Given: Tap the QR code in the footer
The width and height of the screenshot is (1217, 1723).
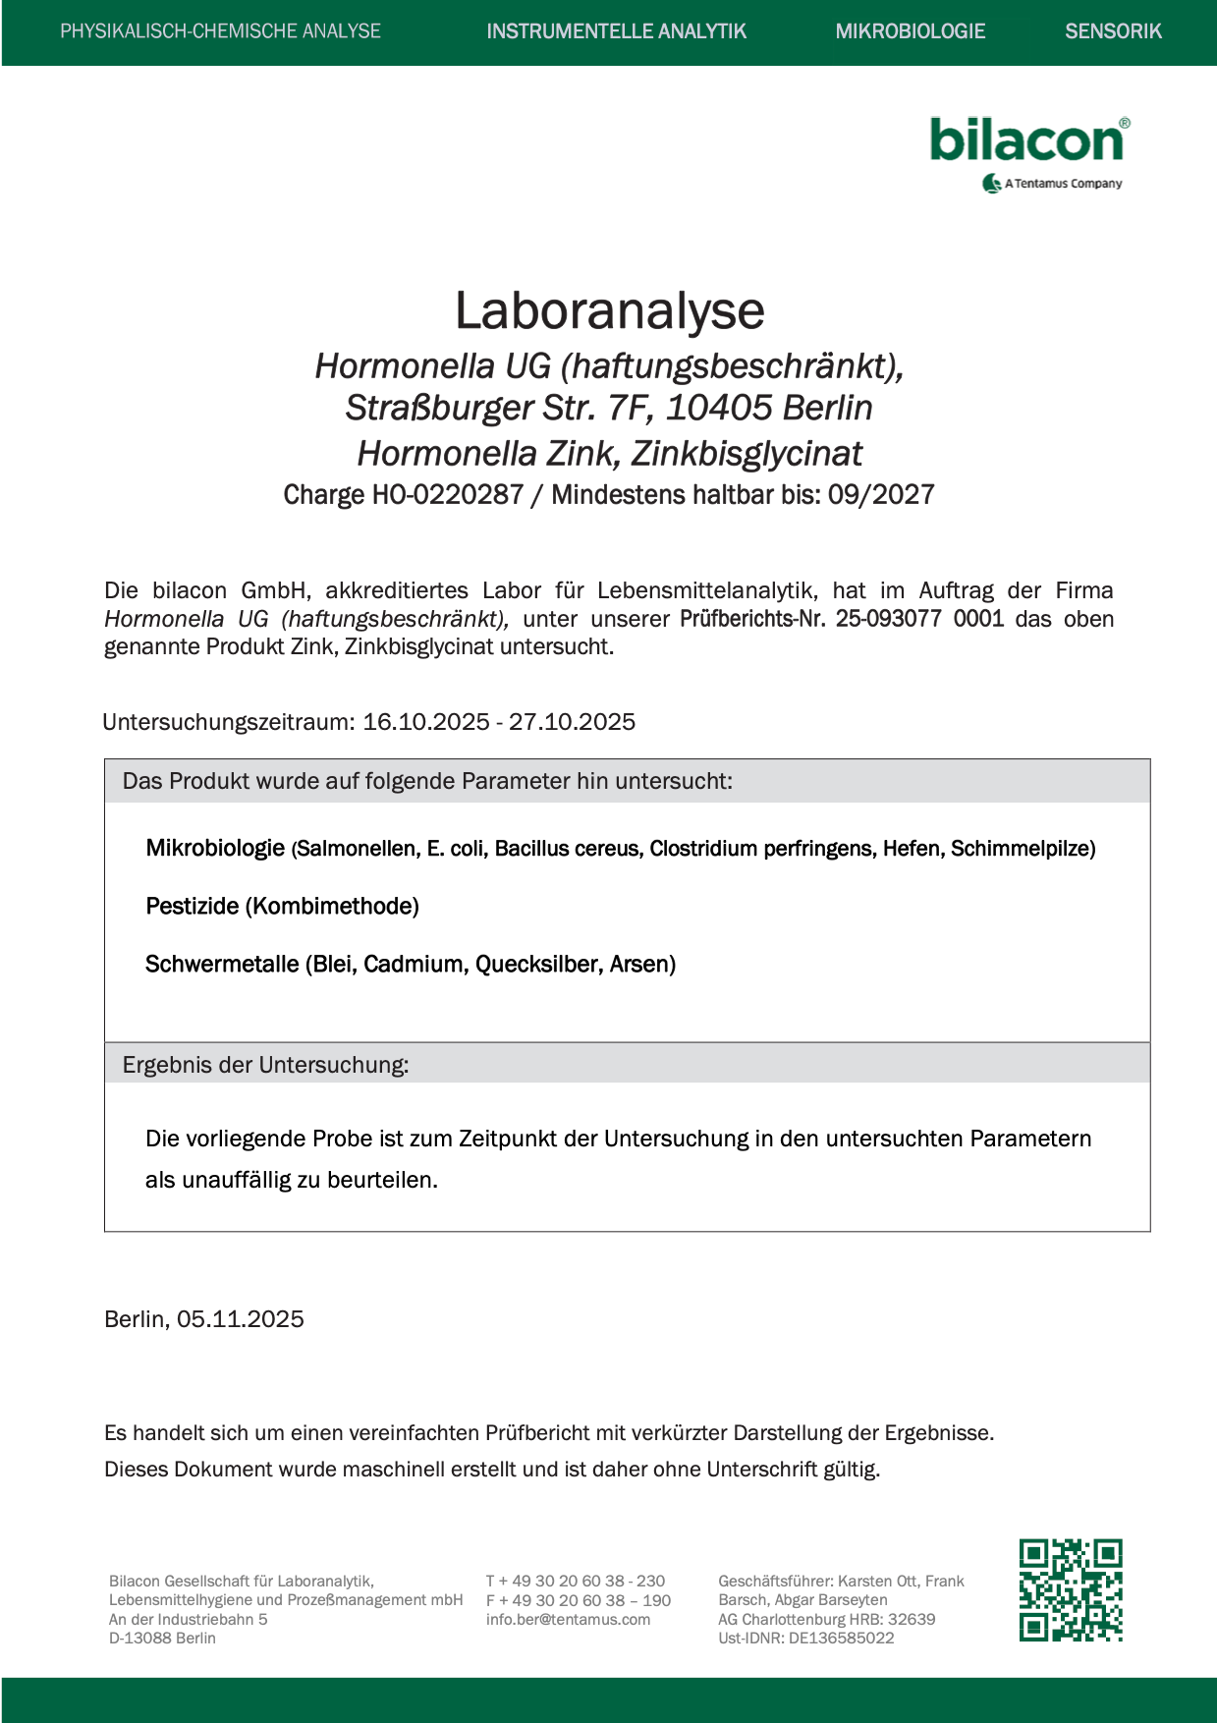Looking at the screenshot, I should [1071, 1589].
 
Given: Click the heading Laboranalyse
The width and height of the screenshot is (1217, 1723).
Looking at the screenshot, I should [609, 310].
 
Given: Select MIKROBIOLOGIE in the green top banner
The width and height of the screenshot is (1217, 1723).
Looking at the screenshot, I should [910, 31].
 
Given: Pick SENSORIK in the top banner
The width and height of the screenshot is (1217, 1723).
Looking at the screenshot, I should [1113, 31].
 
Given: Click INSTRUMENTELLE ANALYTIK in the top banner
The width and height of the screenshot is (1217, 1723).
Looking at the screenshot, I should [616, 31].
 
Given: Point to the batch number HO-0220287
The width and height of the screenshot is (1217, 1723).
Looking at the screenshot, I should [447, 494].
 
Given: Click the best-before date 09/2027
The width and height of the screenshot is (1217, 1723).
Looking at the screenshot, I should [881, 494].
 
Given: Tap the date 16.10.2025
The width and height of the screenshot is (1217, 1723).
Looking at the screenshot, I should [426, 722].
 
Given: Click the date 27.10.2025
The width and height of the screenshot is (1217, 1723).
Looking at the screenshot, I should [572, 722].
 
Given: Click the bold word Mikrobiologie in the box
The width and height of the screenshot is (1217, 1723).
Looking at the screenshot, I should [215, 848].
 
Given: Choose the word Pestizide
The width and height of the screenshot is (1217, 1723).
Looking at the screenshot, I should [193, 906].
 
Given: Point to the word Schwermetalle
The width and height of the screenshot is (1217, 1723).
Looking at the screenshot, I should [222, 964].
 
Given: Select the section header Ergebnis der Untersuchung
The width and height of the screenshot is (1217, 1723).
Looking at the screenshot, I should [265, 1065].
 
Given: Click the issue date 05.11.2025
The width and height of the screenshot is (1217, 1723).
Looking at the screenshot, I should [241, 1319].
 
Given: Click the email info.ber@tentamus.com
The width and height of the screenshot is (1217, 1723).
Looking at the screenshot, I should [568, 1619].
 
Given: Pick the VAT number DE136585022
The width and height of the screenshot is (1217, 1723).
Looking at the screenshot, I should [842, 1638].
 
